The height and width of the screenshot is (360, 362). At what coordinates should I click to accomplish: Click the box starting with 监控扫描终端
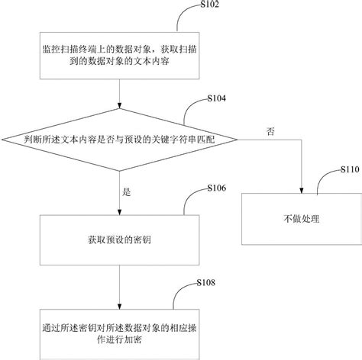[119, 54]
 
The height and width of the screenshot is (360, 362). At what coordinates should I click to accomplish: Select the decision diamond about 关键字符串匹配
[119, 140]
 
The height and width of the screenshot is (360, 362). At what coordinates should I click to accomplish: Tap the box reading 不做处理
[302, 219]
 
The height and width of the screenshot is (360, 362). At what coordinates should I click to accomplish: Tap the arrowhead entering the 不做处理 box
[302, 191]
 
